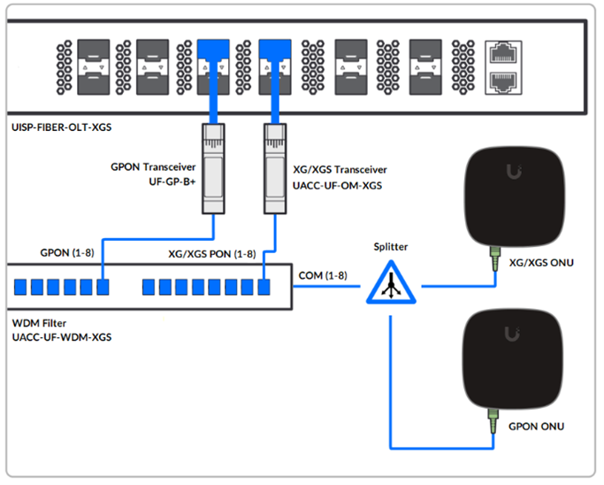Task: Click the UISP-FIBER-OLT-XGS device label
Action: coord(59,127)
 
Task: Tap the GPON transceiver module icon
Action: coord(212,167)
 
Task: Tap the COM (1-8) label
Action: coord(323,275)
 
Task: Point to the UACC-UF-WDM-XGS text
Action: coord(58,338)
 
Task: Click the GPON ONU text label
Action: coord(536,426)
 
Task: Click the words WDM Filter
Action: coord(35,324)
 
